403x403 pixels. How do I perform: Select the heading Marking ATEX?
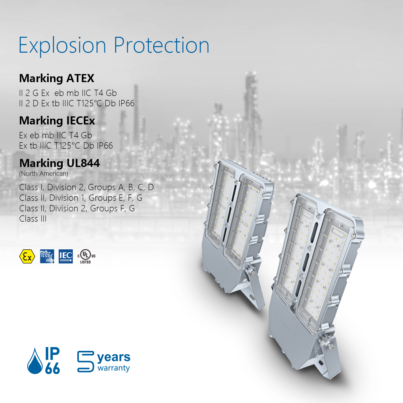(57, 79)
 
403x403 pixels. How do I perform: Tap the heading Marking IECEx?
(57, 121)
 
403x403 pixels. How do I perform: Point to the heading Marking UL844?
(60, 163)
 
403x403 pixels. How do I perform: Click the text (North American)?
(44, 174)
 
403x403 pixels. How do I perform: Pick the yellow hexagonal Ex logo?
(27, 256)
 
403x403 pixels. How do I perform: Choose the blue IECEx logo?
(47, 256)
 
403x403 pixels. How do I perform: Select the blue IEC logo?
(66, 256)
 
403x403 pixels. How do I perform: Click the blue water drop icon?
(35, 361)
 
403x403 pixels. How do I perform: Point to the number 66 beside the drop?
(52, 368)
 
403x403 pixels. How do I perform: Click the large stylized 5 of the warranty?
(86, 361)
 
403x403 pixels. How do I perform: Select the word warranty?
(114, 368)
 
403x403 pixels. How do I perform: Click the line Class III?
(33, 219)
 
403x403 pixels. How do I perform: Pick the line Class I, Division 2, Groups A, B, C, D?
(86, 188)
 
